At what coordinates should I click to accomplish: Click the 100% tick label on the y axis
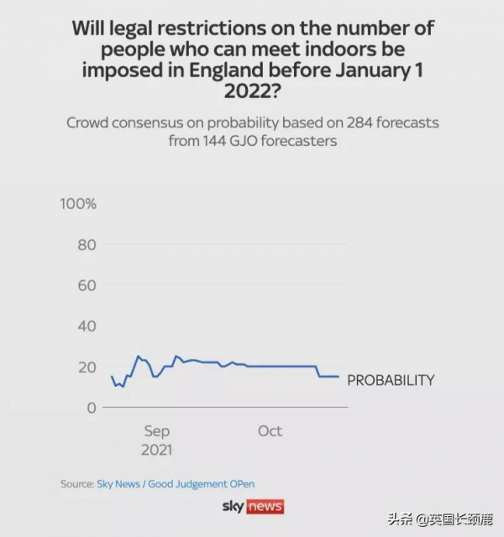click(78, 204)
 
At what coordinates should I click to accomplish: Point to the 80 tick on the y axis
click(87, 245)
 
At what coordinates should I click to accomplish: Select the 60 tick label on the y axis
click(87, 285)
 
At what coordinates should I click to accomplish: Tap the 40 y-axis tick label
click(87, 326)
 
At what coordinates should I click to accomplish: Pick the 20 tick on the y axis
click(87, 367)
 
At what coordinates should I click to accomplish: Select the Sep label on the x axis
click(156, 431)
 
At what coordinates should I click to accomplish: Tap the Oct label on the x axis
click(270, 431)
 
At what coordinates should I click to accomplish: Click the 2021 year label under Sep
click(156, 451)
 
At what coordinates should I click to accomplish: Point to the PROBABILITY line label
click(391, 380)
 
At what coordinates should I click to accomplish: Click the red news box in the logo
click(265, 507)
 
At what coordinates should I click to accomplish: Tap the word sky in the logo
click(233, 507)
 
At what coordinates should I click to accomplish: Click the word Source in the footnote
click(76, 484)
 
